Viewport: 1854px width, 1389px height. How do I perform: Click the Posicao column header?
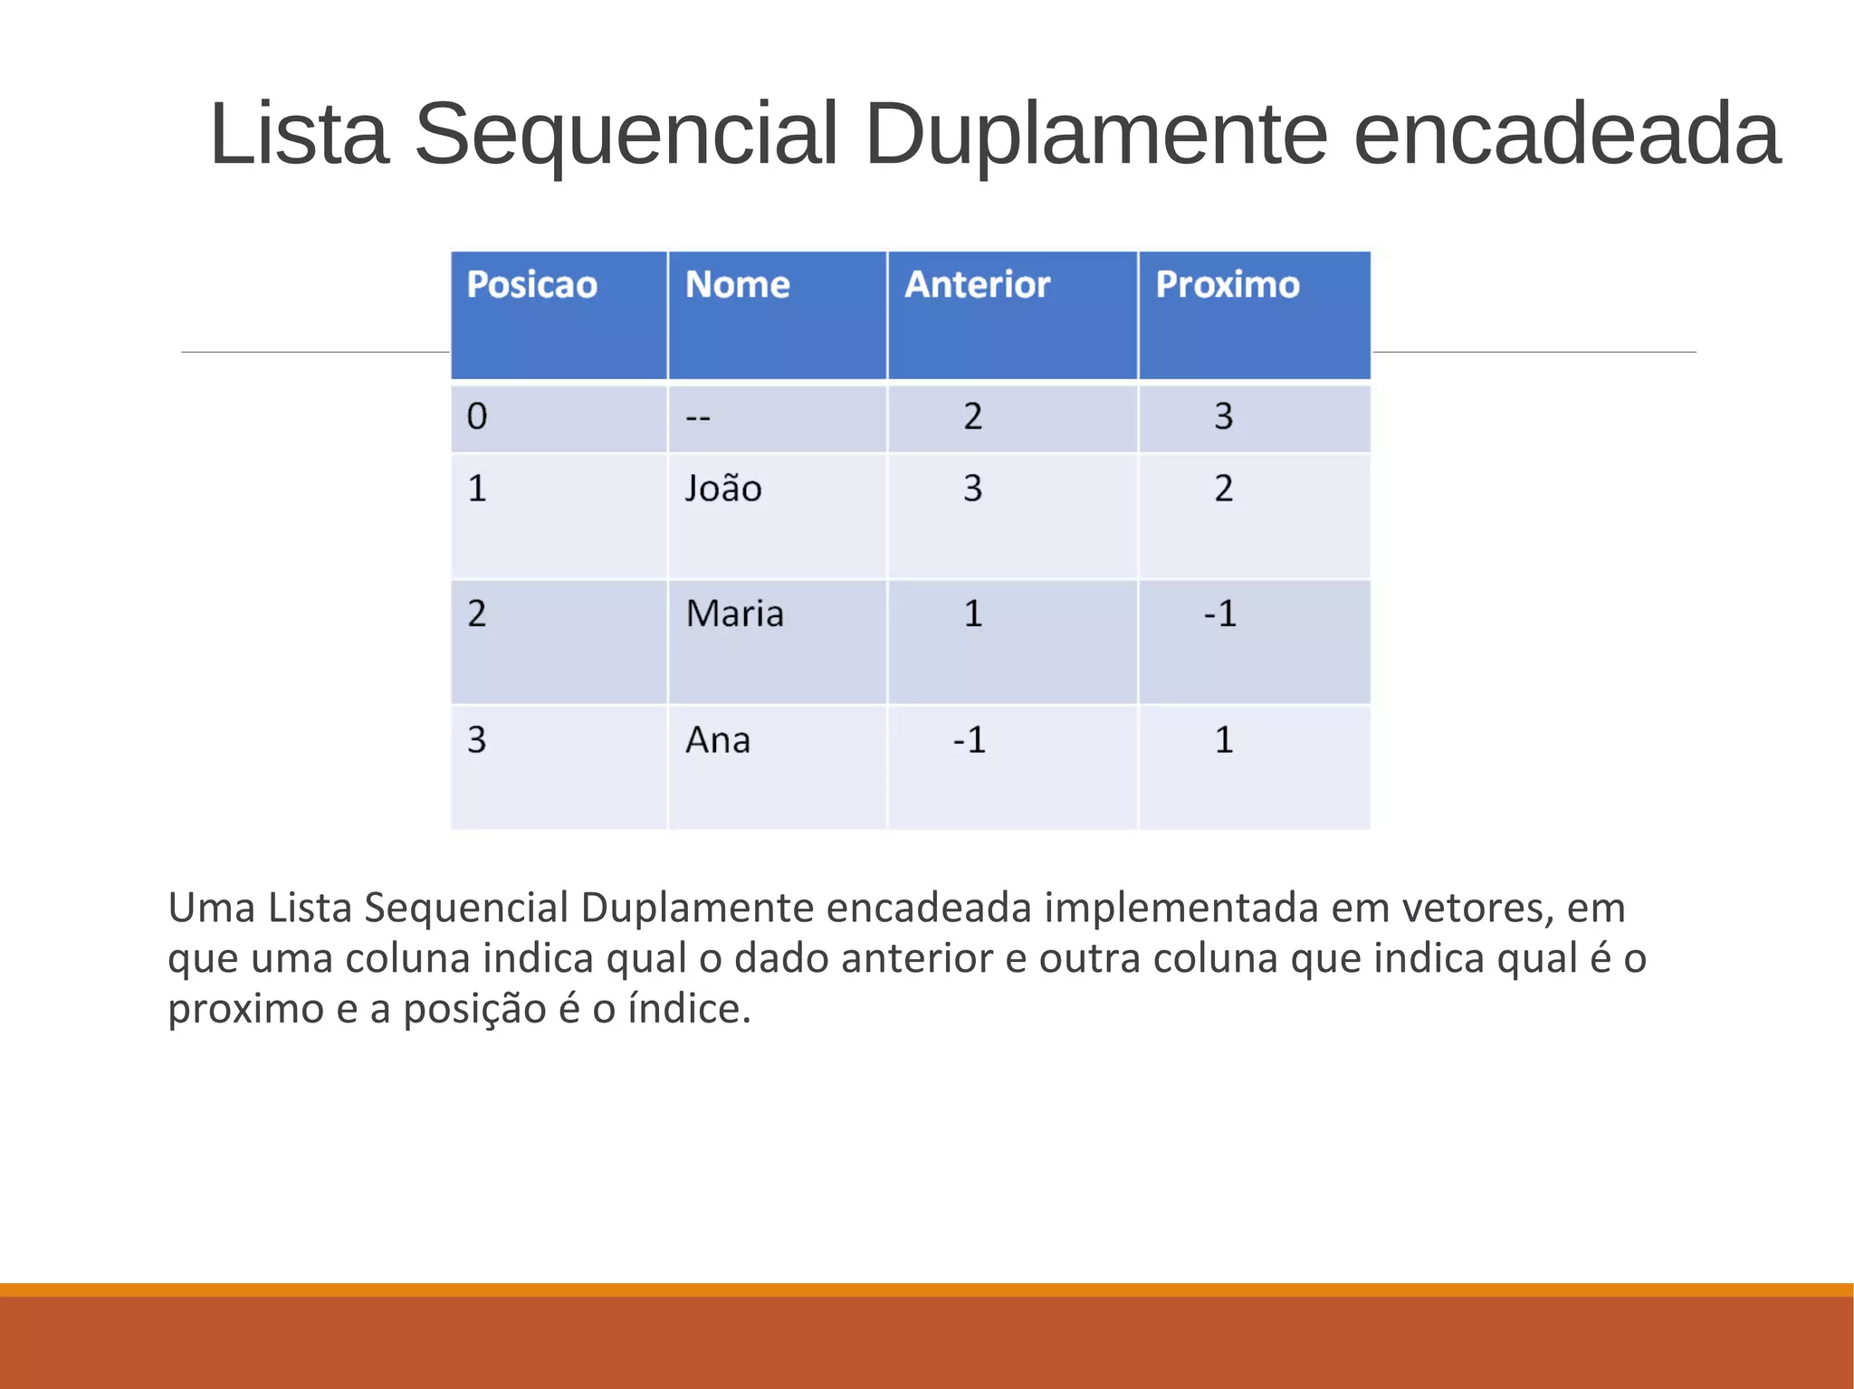coord(532,285)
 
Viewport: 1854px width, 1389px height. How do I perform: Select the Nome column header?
coord(738,285)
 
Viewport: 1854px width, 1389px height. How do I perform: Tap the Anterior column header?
coord(978,285)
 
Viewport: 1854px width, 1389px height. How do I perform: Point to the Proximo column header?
coord(1228,285)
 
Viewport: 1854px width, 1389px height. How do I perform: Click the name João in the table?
coord(723,489)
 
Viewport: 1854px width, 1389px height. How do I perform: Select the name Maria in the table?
coord(735,614)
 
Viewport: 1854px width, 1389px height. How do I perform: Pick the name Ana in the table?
coord(718,740)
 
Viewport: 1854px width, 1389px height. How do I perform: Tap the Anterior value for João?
coord(972,489)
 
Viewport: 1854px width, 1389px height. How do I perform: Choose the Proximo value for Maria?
coord(1220,614)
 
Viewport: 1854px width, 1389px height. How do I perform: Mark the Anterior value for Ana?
coord(969,740)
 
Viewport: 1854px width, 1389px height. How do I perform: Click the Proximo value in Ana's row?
coord(1224,740)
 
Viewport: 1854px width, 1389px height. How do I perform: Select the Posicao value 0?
coord(477,416)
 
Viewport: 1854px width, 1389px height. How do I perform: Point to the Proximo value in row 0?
coord(1224,416)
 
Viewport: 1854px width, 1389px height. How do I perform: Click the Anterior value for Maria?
coord(973,614)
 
